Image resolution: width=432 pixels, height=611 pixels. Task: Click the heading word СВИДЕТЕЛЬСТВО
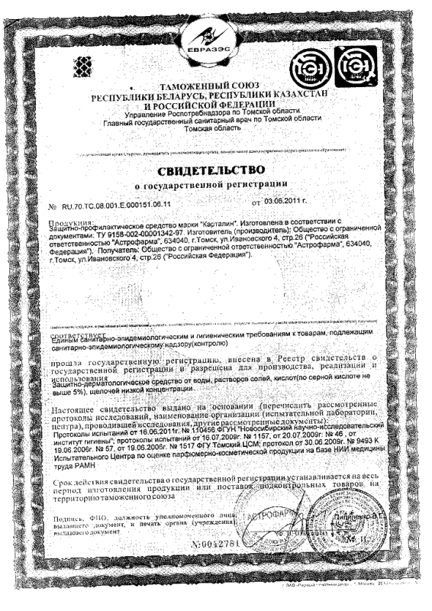pos(216,168)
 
